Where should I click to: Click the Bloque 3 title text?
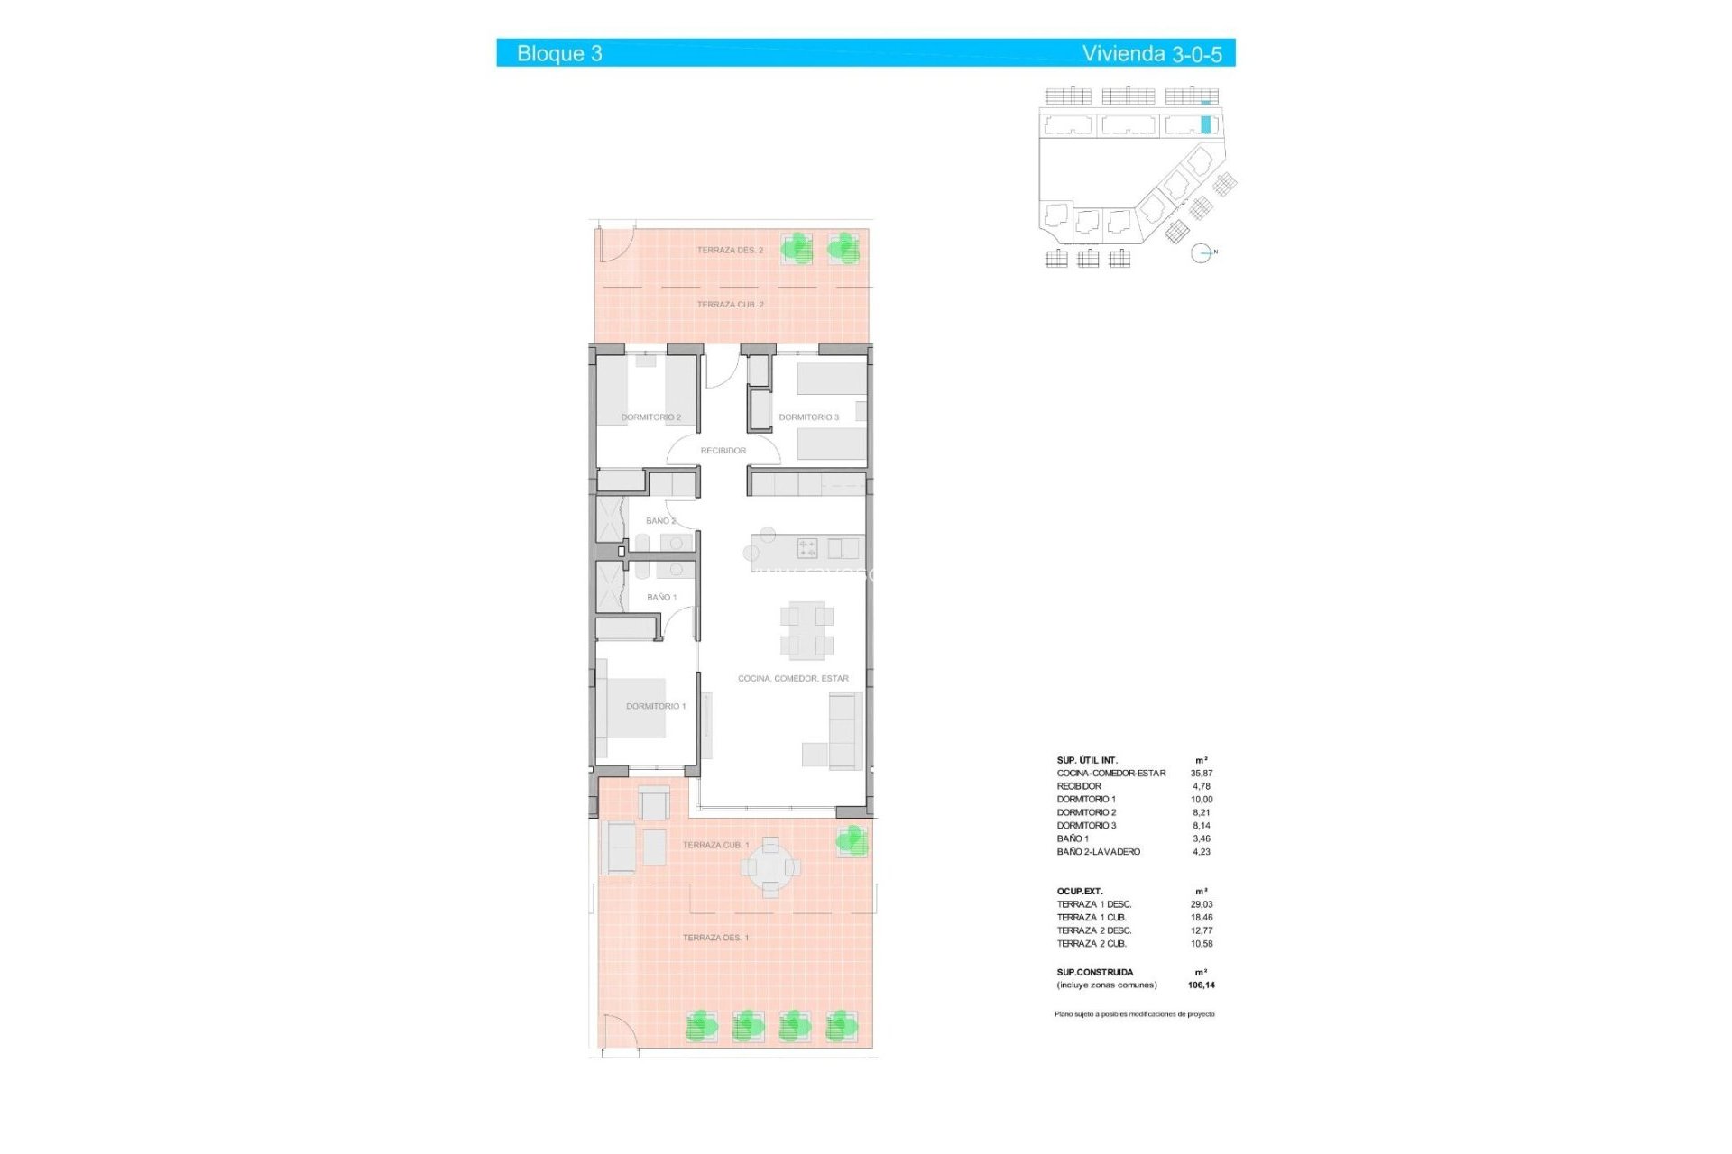[x=559, y=53]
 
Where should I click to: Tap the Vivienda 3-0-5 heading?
[x=1151, y=53]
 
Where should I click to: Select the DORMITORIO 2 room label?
[x=650, y=417]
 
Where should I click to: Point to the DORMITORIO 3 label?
[x=808, y=417]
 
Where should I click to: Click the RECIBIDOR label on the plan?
[x=723, y=451]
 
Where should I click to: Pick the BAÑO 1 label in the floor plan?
[x=661, y=598]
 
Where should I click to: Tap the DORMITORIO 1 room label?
[x=656, y=706]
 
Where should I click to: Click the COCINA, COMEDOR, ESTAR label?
[x=793, y=679]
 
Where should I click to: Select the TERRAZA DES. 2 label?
[x=729, y=250]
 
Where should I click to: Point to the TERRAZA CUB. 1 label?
[x=715, y=845]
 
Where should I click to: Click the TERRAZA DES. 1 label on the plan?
[x=715, y=938]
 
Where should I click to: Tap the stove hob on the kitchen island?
[x=806, y=547]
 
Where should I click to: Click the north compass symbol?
[x=1201, y=253]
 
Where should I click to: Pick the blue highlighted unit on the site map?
[x=1205, y=124]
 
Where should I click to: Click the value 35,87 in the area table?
[x=1201, y=774]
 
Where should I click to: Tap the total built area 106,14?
[x=1201, y=985]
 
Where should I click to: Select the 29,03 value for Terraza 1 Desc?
[x=1201, y=904]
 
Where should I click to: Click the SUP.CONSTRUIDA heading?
[x=1094, y=972]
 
